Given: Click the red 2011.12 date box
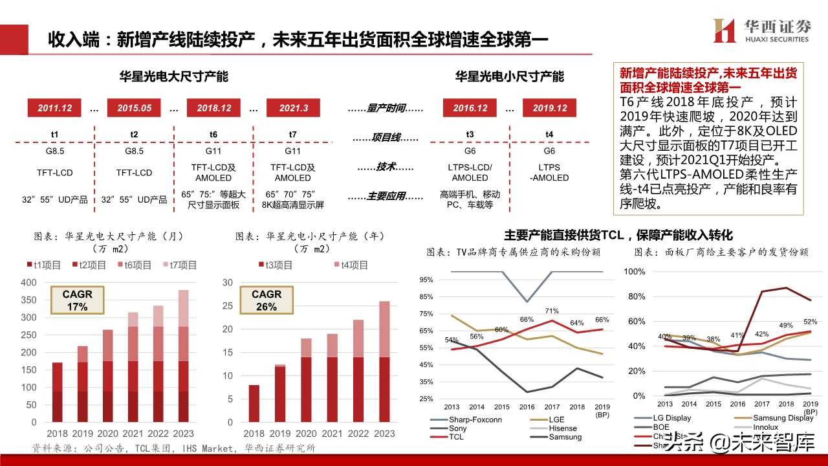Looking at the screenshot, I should coord(54,108).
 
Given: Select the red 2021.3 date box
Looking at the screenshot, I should coord(293,108).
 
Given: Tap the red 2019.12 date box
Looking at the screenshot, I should coord(549,108).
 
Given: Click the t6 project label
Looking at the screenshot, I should coord(213,135).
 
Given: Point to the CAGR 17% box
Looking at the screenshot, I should coord(77,300).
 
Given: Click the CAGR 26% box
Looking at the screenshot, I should coord(267,300).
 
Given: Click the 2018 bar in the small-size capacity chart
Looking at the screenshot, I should coord(254,404).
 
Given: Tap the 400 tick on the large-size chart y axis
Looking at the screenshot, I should coord(29,282).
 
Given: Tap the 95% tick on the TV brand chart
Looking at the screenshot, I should coord(426,280).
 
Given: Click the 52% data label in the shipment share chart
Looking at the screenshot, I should coord(809,322).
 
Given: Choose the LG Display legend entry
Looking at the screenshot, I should coord(670,418).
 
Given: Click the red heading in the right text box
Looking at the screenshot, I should coord(708,80).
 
